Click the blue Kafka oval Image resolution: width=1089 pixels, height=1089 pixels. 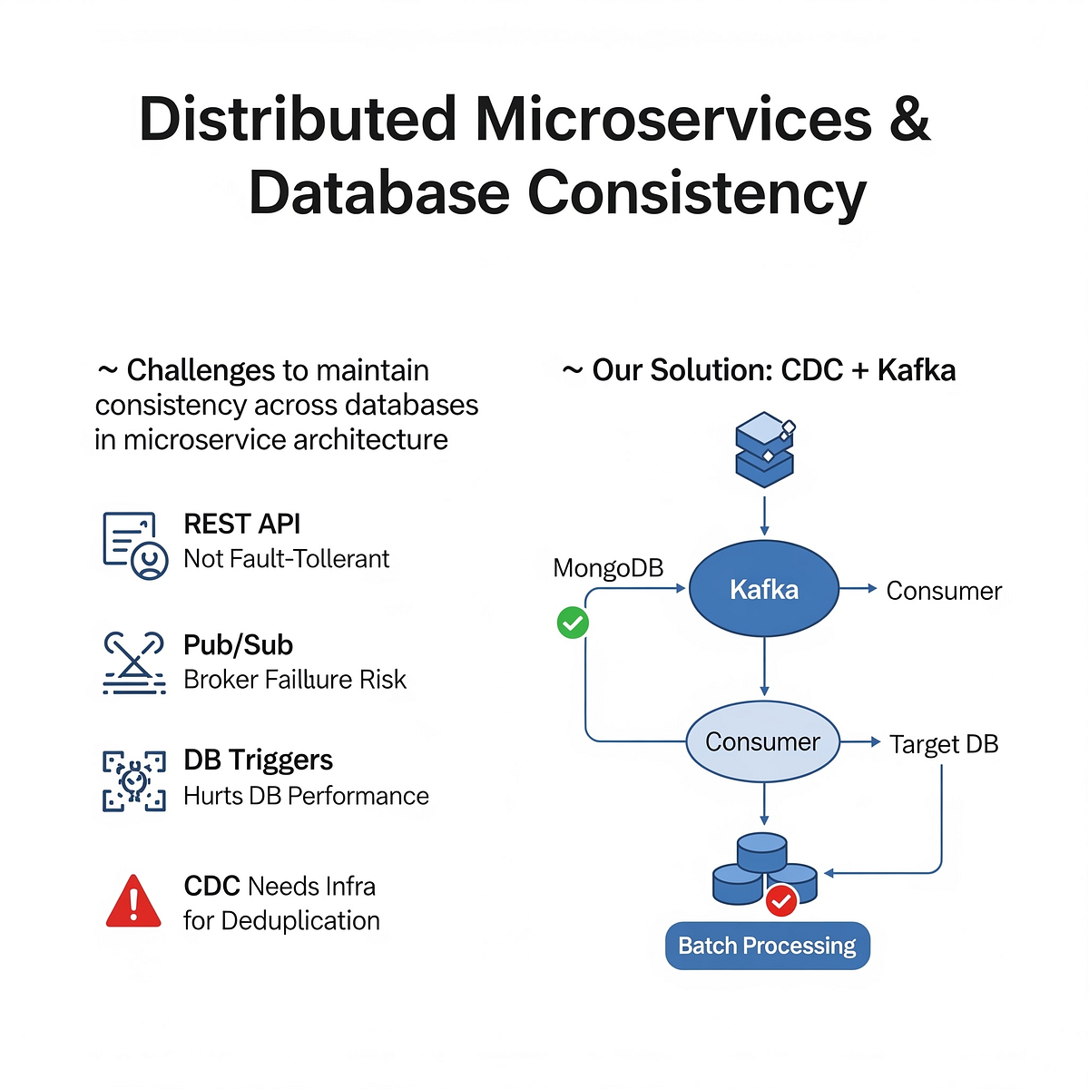click(x=763, y=589)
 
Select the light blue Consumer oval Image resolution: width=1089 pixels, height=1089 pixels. click(x=762, y=741)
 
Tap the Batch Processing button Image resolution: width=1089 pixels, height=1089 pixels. click(x=767, y=946)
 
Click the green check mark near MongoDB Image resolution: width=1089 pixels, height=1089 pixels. click(x=573, y=623)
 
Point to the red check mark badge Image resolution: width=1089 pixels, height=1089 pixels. click(x=781, y=901)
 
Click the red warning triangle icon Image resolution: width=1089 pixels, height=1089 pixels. click(x=133, y=901)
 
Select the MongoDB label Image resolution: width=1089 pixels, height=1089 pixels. click(x=608, y=568)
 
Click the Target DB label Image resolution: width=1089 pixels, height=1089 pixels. click(x=943, y=744)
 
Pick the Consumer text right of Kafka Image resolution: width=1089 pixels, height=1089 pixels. click(x=943, y=591)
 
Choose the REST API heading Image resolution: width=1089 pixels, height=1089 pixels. click(x=241, y=524)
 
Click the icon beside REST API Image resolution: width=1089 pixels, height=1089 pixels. click(x=134, y=544)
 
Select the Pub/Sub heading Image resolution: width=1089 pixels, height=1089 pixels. click(x=238, y=644)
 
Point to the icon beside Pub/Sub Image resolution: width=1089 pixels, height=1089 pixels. click(x=134, y=662)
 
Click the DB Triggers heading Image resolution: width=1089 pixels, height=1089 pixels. click(x=258, y=760)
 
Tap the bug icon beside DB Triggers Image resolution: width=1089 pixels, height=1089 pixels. click(x=134, y=780)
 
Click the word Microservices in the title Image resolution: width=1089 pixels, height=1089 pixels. click(x=672, y=120)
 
